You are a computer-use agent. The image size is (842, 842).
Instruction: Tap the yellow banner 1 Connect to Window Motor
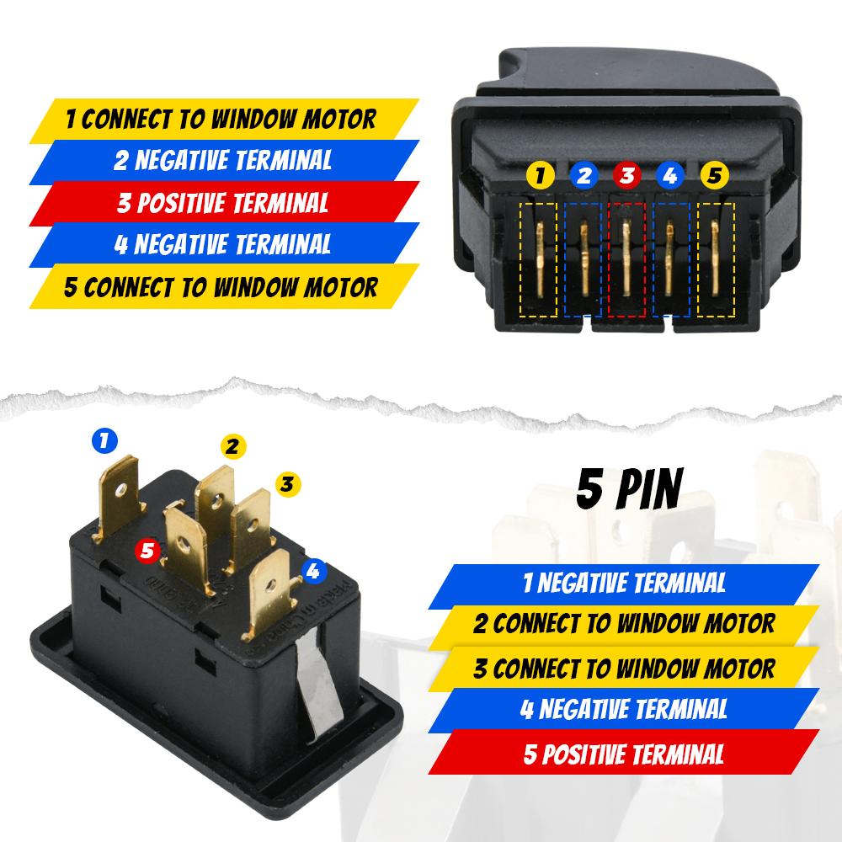click(x=222, y=119)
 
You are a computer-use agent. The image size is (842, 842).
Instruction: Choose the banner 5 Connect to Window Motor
click(x=222, y=287)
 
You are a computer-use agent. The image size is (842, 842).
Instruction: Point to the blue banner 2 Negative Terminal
click(x=222, y=160)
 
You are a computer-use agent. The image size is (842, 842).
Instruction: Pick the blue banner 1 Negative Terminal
click(x=622, y=582)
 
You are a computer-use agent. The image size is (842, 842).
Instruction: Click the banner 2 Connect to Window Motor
click(x=622, y=624)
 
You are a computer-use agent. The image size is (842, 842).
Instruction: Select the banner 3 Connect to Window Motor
click(x=622, y=669)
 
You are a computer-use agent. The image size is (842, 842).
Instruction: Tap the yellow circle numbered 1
click(x=540, y=177)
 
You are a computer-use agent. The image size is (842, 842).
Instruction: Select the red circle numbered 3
click(x=626, y=177)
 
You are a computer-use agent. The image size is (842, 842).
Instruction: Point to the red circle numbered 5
click(x=148, y=551)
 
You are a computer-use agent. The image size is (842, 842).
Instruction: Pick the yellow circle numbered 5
click(x=713, y=177)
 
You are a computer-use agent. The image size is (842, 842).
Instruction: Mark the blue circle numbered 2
click(x=584, y=177)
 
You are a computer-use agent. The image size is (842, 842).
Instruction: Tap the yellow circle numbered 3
click(x=286, y=483)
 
